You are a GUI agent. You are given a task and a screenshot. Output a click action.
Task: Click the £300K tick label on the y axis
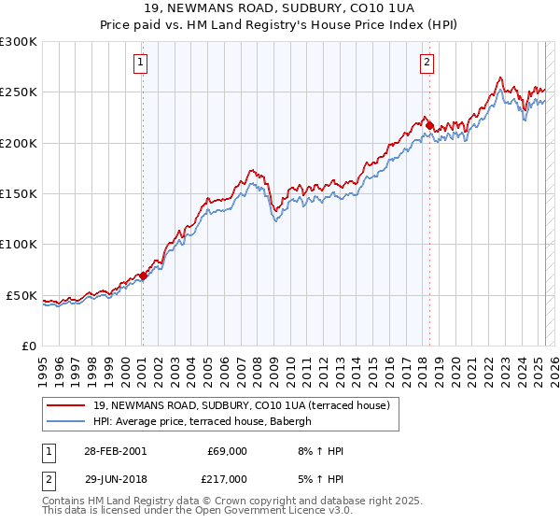(x=19, y=42)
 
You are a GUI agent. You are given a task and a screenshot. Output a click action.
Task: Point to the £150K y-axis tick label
(x=19, y=194)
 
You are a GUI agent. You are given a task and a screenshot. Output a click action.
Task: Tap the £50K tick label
(x=21, y=295)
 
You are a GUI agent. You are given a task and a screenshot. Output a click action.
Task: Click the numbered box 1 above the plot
(x=140, y=64)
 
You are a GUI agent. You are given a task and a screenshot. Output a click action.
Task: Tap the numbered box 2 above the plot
(x=427, y=64)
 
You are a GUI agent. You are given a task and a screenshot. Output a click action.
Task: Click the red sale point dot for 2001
(x=143, y=276)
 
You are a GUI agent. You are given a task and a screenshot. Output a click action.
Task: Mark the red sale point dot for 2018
(x=429, y=125)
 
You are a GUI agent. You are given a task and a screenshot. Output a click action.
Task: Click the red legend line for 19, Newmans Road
(x=66, y=405)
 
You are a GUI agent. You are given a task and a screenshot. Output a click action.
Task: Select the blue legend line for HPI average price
(x=66, y=421)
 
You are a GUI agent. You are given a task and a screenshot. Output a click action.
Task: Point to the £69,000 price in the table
(x=226, y=451)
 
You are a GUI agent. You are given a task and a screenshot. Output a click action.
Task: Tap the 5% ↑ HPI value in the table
(x=320, y=478)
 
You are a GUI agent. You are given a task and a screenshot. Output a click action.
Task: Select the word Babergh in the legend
(x=301, y=421)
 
